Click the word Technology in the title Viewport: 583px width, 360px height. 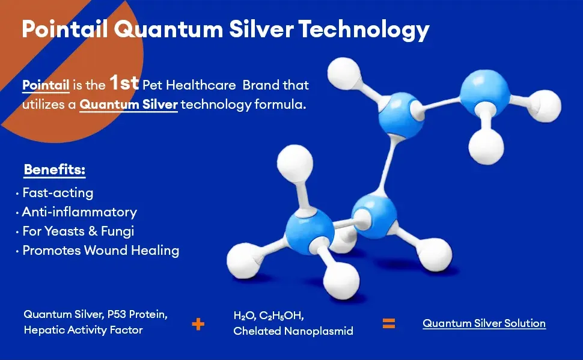pyautogui.click(x=364, y=30)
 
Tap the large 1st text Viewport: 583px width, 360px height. pyautogui.click(x=124, y=82)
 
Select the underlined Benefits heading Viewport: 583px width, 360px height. pyautogui.click(x=55, y=170)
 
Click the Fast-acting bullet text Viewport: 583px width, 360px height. pyautogui.click(x=58, y=193)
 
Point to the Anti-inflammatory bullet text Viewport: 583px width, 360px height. pyautogui.click(x=79, y=212)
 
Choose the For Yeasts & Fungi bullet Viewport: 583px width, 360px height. pyautogui.click(x=78, y=231)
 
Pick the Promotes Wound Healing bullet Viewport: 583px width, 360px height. pyautogui.click(x=101, y=250)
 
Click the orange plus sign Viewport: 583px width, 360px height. pyautogui.click(x=198, y=324)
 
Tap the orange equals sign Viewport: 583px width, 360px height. pyautogui.click(x=389, y=323)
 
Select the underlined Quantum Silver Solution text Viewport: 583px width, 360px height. pyautogui.click(x=484, y=323)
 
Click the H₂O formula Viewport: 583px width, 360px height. pyautogui.click(x=245, y=316)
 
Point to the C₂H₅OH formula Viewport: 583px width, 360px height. pyautogui.click(x=281, y=316)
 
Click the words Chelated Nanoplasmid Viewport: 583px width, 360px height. pyautogui.click(x=293, y=331)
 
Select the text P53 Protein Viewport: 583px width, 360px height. pyautogui.click(x=137, y=315)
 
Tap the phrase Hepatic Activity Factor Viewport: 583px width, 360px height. pyautogui.click(x=84, y=330)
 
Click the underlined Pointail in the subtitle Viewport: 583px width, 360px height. pyautogui.click(x=46, y=85)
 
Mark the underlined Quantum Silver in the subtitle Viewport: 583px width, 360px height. pyautogui.click(x=129, y=105)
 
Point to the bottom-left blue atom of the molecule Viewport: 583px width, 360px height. pyautogui.click(x=310, y=231)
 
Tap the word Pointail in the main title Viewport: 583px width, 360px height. pyautogui.click(x=65, y=29)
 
